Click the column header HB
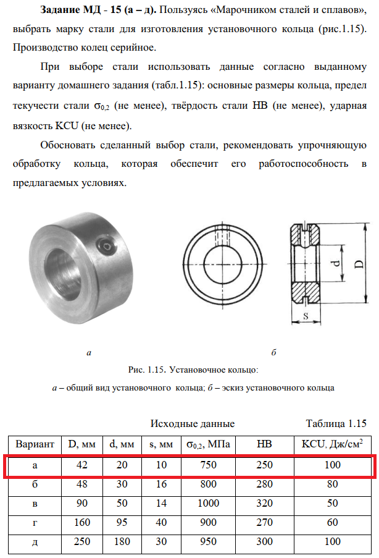point(264,444)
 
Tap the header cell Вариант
point(35,444)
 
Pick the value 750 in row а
point(208,465)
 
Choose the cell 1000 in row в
point(208,504)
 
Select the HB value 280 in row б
point(264,484)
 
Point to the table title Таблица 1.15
point(336,423)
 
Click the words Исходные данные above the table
point(193,424)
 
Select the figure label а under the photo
point(89,353)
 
